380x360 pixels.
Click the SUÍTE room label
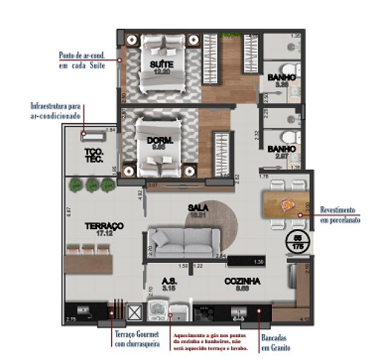click(x=161, y=65)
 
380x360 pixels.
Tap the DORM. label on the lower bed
click(x=160, y=141)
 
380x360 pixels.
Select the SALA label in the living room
click(x=198, y=208)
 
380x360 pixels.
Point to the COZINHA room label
click(x=242, y=281)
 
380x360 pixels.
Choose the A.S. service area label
click(x=169, y=281)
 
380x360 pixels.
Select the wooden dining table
click(x=286, y=205)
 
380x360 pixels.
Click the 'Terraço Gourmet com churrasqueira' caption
click(x=137, y=340)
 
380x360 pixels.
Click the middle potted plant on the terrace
click(x=92, y=185)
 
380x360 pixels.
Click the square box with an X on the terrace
click(x=134, y=311)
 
